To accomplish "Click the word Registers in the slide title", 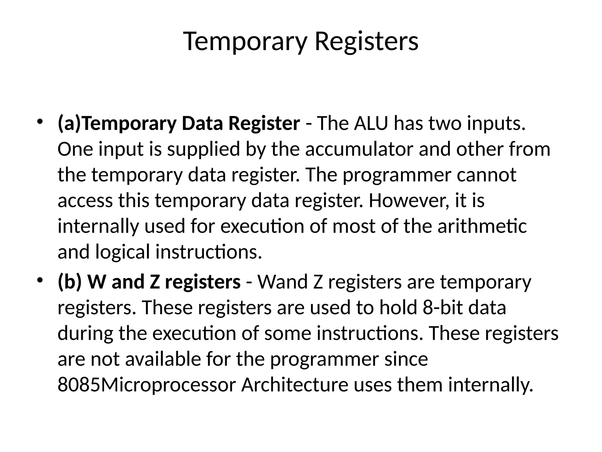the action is (366, 42).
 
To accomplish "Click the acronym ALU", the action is (371, 124).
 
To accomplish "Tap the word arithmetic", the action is (482, 227).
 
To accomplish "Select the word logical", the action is (123, 252).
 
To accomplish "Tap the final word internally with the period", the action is (491, 385).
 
